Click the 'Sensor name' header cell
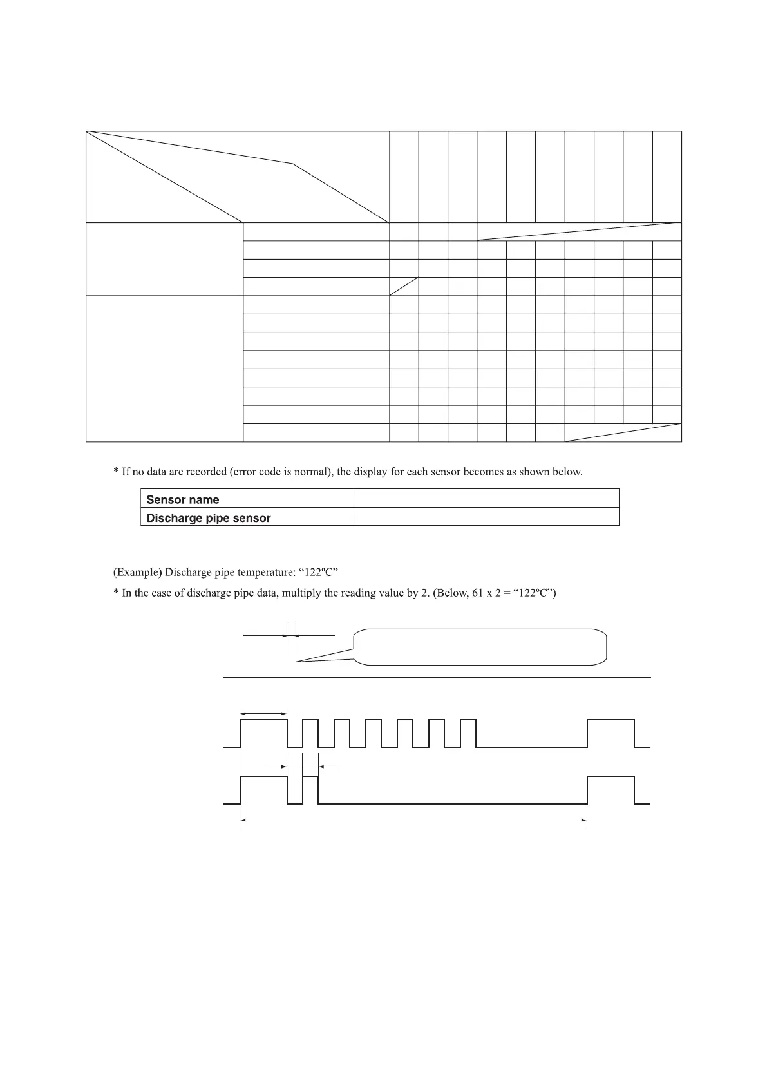point(183,499)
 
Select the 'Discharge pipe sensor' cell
point(209,518)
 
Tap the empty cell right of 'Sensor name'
point(486,498)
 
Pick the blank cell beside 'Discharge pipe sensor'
point(486,517)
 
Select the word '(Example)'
point(137,572)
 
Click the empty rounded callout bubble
point(480,646)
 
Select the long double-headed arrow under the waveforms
point(413,820)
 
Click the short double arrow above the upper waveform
point(263,713)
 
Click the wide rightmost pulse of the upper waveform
point(611,733)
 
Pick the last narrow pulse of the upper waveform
point(468,733)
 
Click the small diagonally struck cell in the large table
point(404,287)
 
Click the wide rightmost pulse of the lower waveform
point(611,790)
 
